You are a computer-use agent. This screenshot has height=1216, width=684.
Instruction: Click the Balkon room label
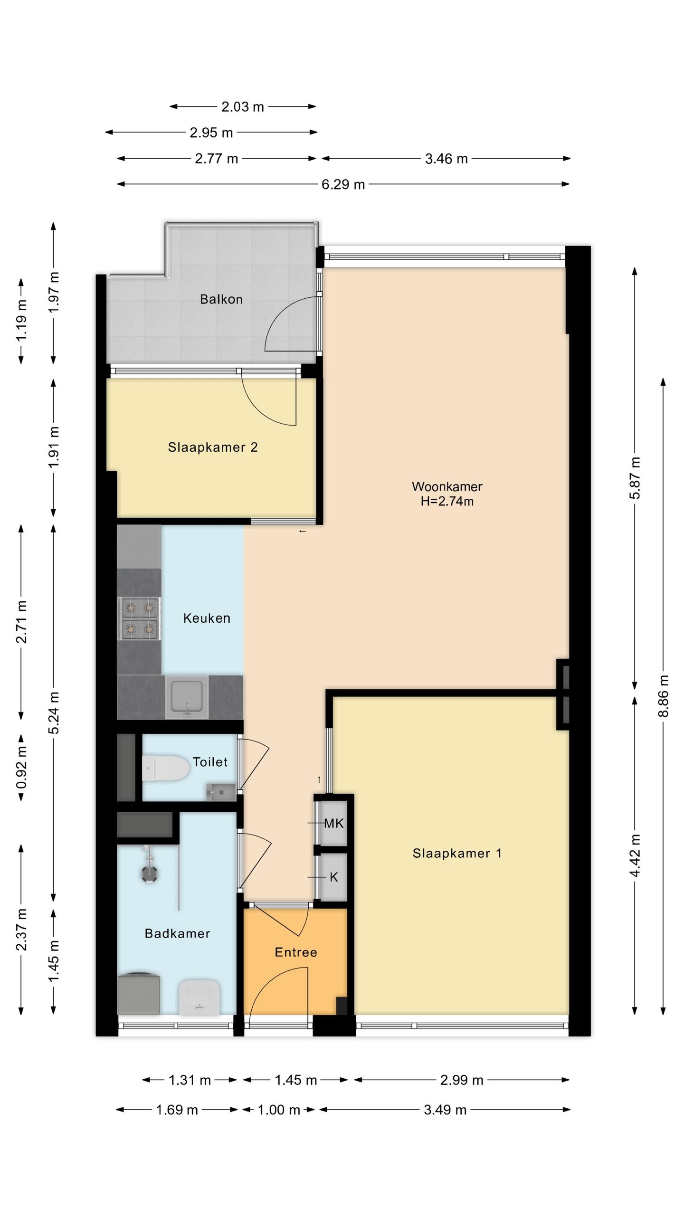click(221, 299)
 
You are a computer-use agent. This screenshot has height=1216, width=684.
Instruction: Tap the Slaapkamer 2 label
click(213, 447)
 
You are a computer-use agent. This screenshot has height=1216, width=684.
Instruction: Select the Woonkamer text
click(447, 486)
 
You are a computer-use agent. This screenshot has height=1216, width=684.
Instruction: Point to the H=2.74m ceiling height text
click(447, 501)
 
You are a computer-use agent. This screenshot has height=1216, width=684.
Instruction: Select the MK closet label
click(334, 823)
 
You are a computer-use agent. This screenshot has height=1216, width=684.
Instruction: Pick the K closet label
click(334, 877)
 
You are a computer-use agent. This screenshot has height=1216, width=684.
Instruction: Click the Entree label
click(296, 952)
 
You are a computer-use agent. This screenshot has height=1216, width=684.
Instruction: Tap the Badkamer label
click(177, 933)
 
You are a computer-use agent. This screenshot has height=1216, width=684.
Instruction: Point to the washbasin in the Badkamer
click(199, 997)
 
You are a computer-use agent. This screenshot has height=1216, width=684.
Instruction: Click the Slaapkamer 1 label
click(457, 853)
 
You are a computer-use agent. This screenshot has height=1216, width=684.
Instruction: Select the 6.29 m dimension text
click(343, 184)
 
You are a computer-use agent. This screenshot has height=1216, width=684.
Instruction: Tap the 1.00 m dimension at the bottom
click(279, 1110)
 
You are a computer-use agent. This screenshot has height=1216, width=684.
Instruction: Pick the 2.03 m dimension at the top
click(243, 107)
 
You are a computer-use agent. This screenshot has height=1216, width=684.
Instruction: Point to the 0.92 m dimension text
click(21, 767)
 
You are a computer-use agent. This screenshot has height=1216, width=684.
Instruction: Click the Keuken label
click(207, 618)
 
